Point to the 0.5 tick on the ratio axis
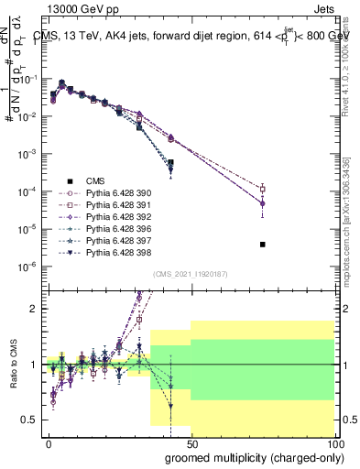coord(30,420)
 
